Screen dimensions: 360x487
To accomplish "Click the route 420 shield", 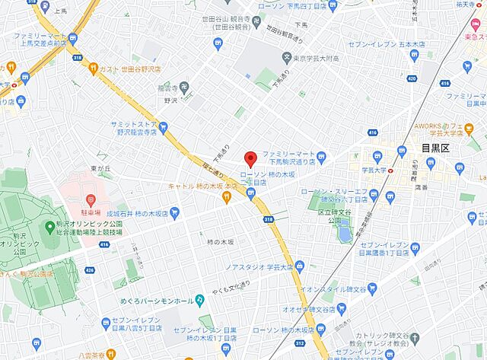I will [x=412, y=78].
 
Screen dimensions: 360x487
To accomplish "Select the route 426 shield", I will [x=91, y=269].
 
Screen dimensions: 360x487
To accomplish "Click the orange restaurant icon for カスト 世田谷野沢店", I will [x=94, y=68].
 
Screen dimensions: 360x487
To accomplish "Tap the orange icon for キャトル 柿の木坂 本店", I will [x=226, y=197].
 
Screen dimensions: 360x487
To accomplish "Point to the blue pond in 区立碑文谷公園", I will [x=345, y=229].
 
